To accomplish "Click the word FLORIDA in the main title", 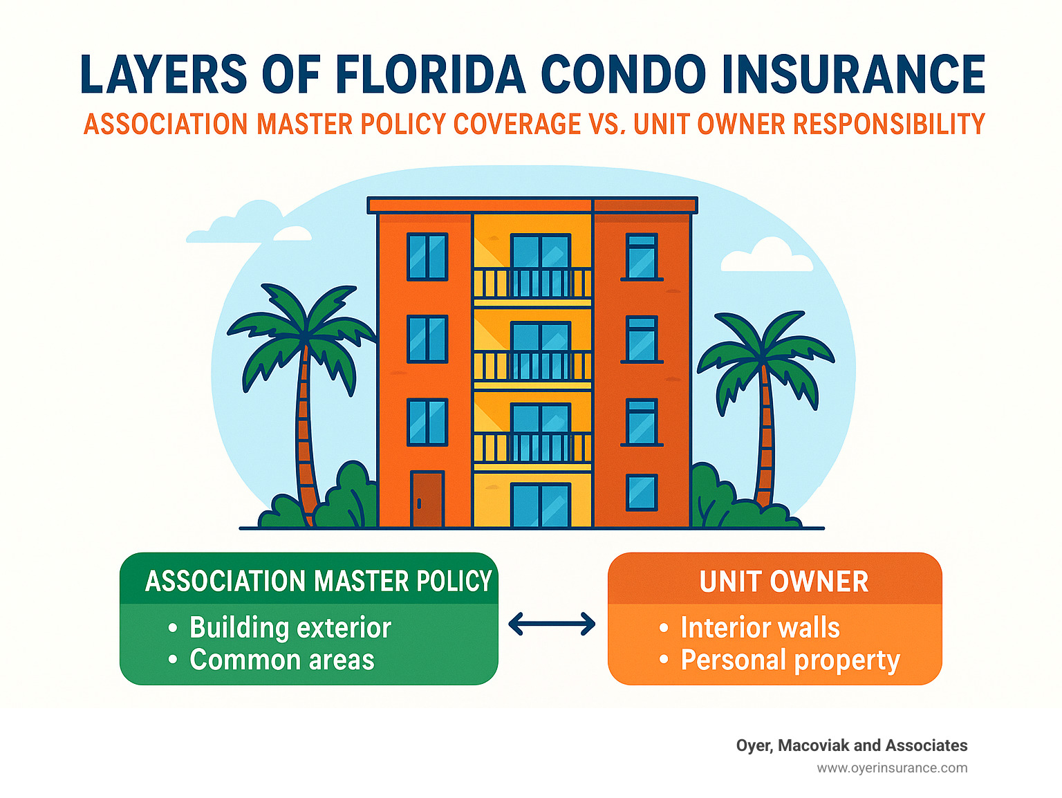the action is click(x=429, y=74).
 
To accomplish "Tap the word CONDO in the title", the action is click(x=624, y=74).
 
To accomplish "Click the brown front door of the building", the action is click(x=427, y=499).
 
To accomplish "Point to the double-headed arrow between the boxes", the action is click(x=552, y=624).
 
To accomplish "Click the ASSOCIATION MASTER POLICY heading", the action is click(x=318, y=581).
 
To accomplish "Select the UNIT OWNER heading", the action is click(x=783, y=581).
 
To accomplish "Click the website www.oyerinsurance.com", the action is click(x=892, y=768).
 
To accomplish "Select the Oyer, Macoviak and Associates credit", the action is click(x=852, y=745).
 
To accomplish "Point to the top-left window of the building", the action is click(x=427, y=257).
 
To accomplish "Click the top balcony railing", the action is click(x=532, y=283).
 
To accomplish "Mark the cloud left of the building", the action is click(x=249, y=223).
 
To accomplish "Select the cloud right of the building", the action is click(x=766, y=255).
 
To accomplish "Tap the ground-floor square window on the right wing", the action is click(x=642, y=493).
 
